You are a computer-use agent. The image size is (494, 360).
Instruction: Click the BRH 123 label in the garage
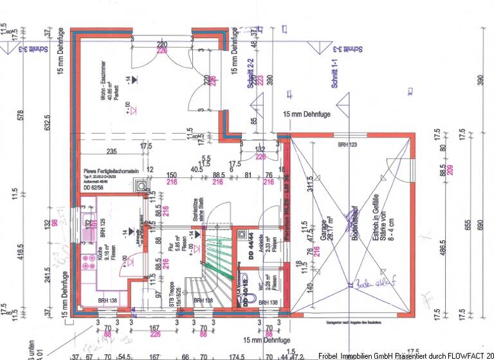coord(347,147)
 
